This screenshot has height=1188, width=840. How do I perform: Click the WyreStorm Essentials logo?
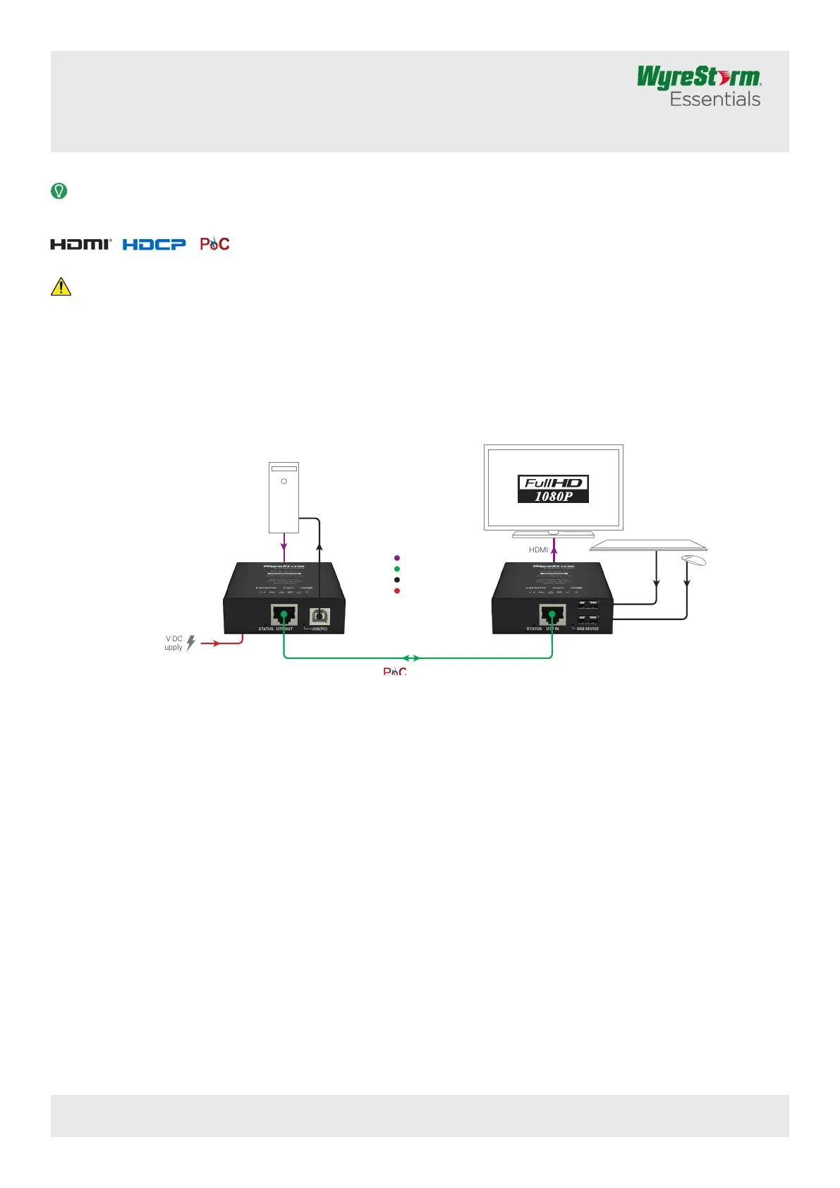click(698, 86)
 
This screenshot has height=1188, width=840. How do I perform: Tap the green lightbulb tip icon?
click(59, 190)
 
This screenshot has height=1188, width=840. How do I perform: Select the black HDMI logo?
click(80, 244)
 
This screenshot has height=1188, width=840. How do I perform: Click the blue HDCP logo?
click(154, 244)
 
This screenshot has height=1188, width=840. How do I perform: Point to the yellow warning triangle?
click(61, 286)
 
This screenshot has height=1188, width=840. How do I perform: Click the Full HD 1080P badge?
click(553, 489)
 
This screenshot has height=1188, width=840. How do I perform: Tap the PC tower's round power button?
click(284, 481)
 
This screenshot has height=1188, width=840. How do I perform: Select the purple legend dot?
click(397, 558)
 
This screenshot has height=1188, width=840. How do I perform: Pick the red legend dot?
click(397, 590)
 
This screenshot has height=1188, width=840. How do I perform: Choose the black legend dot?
click(397, 580)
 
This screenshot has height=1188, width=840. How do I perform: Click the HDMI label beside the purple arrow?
click(538, 550)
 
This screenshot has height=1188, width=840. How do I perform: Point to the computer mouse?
click(694, 559)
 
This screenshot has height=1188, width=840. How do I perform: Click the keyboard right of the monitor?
click(648, 545)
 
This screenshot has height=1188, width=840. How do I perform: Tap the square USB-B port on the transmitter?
click(319, 615)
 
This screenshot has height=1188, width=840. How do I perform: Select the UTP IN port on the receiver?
click(552, 614)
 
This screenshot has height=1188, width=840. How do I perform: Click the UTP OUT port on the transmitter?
click(284, 614)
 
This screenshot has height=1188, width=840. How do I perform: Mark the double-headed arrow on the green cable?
click(411, 658)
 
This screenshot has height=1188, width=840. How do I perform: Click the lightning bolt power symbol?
click(190, 643)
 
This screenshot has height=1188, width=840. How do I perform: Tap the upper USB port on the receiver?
click(589, 605)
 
